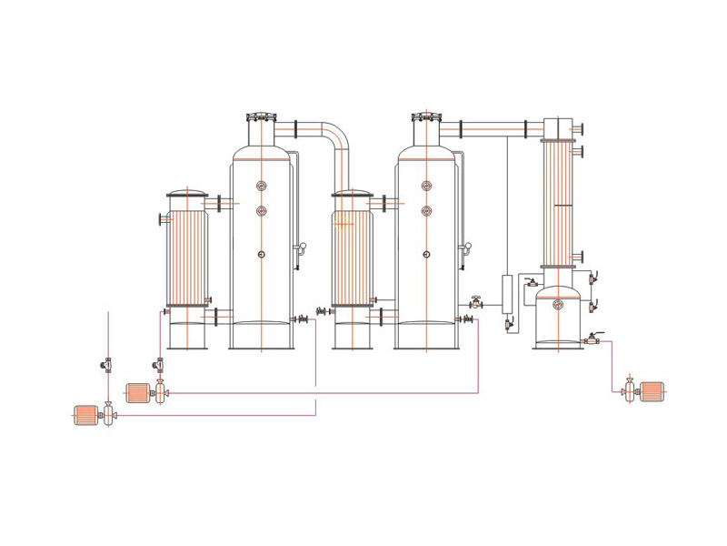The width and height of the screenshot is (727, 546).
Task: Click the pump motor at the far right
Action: tap(653, 390)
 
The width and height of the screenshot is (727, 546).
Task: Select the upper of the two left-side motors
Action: tap(137, 392)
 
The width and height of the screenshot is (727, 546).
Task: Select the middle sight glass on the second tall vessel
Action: tap(425, 211)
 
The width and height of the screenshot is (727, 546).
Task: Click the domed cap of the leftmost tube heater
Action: tap(187, 194)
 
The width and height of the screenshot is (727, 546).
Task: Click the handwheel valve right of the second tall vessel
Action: tap(476, 302)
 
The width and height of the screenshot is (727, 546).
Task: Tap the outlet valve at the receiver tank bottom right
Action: tap(591, 339)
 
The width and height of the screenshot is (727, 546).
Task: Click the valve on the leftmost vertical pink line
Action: tap(108, 365)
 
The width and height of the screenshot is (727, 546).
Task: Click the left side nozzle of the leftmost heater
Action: tap(163, 218)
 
